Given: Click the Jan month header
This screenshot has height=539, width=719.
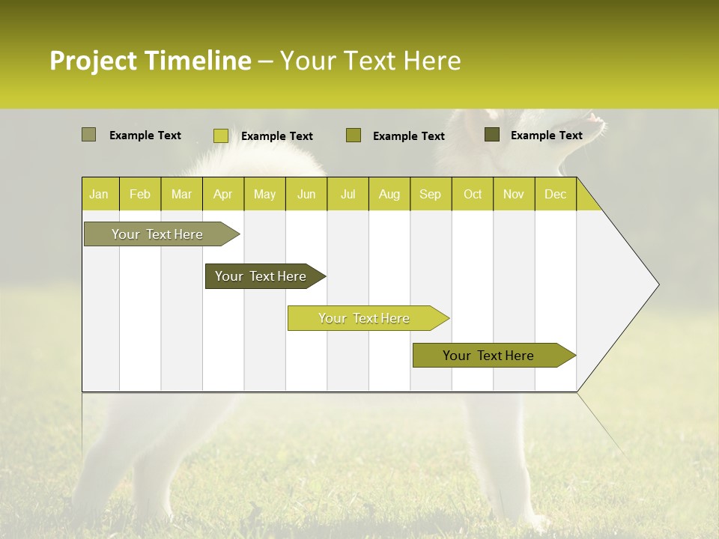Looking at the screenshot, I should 99,194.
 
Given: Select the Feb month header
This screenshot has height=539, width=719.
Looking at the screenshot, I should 140,194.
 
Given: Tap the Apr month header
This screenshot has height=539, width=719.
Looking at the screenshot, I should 222,194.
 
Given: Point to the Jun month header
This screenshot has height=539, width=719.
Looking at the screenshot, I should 306,194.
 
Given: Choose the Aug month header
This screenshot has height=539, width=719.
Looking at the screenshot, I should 389,194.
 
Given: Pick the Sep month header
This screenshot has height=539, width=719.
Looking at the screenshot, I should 430,194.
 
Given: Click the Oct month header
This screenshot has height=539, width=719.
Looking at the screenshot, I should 473,194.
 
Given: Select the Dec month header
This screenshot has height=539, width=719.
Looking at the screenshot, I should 555,194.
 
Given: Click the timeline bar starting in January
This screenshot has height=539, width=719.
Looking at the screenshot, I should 157,234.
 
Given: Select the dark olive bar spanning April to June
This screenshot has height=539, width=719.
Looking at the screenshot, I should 261,276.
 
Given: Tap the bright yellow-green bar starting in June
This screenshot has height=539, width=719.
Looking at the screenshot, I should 364,318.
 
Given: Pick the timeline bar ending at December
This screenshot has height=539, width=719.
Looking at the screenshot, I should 488,356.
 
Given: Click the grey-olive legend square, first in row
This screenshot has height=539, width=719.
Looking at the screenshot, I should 89,135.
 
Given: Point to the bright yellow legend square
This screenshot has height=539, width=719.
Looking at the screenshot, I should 221,135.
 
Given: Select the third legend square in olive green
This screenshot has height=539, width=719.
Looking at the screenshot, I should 354,135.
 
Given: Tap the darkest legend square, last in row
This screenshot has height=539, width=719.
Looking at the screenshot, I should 492,135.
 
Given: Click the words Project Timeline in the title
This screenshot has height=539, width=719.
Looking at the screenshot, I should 151,61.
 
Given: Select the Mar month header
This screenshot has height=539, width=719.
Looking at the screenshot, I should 181,194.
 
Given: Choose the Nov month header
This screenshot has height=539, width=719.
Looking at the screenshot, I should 514,194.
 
